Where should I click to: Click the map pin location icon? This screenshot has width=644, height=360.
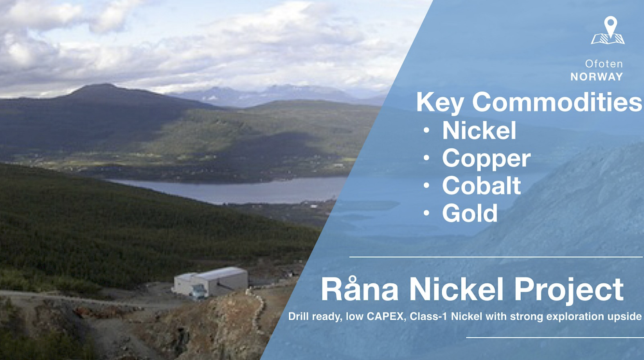[608, 30]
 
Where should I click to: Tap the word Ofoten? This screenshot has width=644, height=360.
[604, 64]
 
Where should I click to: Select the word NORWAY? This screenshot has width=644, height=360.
[597, 77]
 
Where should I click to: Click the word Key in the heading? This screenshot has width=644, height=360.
[440, 103]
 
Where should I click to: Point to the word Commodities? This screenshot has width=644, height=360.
[557, 102]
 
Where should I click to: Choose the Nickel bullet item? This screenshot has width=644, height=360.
[479, 130]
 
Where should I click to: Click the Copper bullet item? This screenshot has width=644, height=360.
[486, 158]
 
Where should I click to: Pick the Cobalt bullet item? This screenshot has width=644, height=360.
[482, 185]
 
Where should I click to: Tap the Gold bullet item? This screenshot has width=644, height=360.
[470, 213]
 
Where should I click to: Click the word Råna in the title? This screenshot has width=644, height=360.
[360, 288]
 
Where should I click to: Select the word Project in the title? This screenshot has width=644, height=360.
[568, 290]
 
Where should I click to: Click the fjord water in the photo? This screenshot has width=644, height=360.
[230, 190]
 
